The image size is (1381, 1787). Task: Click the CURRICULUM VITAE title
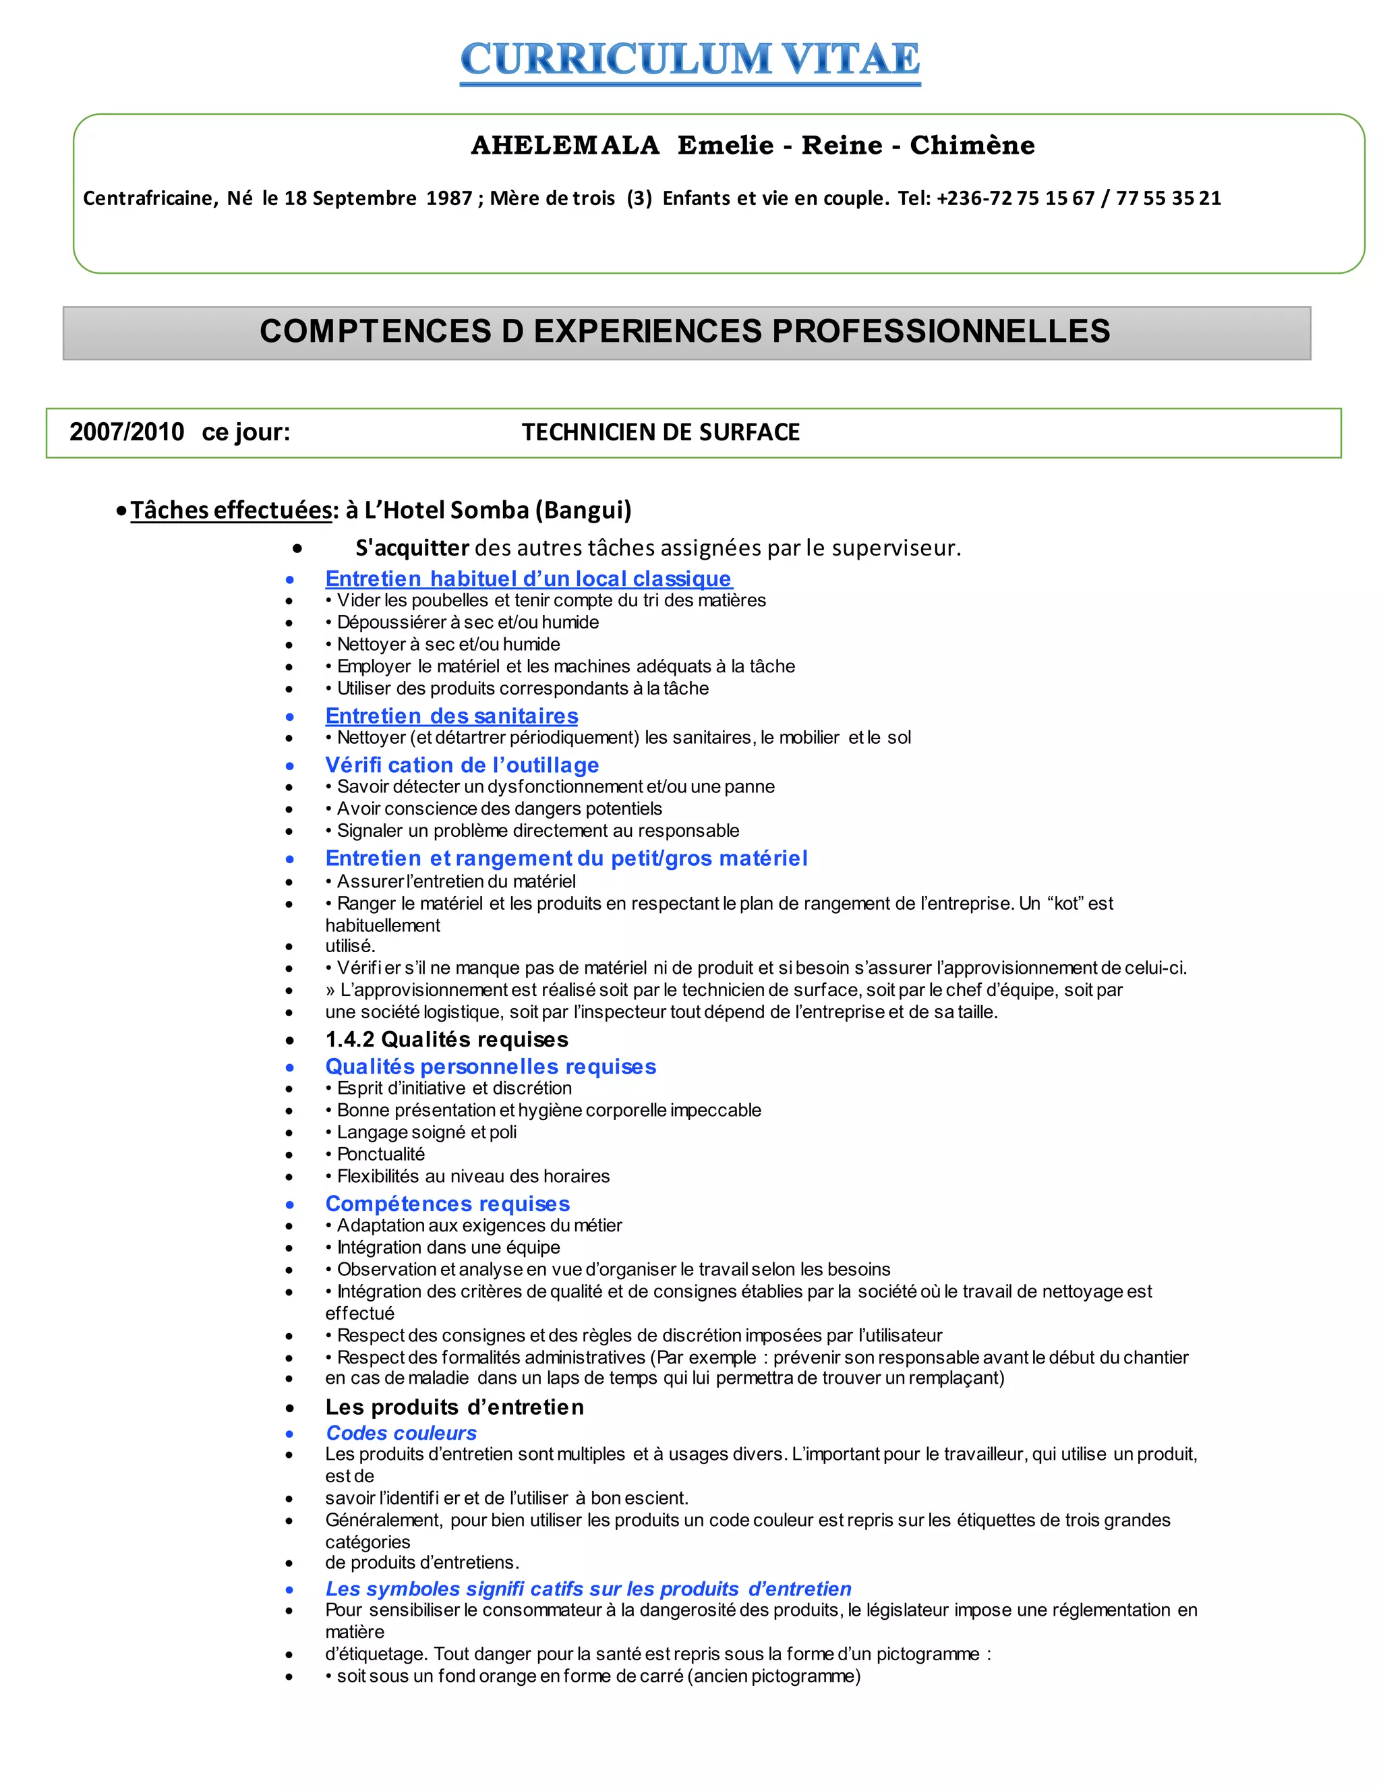[690, 60]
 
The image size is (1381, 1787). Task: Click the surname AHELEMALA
[565, 146]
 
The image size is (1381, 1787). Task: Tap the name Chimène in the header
[972, 146]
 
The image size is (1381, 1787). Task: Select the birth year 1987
[449, 198]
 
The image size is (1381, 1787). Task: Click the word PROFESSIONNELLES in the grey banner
[941, 331]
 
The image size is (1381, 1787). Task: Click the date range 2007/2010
[127, 432]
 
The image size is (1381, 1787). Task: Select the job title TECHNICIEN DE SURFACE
[660, 432]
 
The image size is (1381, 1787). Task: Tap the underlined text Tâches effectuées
[231, 510]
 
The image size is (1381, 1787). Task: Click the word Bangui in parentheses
[583, 510]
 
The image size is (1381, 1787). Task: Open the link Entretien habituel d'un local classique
[528, 579]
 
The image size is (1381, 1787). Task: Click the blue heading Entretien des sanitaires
[452, 716]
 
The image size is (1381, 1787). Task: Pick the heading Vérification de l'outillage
[462, 765]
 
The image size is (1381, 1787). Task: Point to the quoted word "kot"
[1064, 904]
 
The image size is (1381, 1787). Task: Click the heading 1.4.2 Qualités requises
[446, 1039]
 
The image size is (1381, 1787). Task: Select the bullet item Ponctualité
[380, 1154]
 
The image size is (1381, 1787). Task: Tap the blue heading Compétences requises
[448, 1204]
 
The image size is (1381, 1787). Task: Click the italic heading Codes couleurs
[401, 1433]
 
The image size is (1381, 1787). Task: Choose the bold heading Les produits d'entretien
[455, 1407]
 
